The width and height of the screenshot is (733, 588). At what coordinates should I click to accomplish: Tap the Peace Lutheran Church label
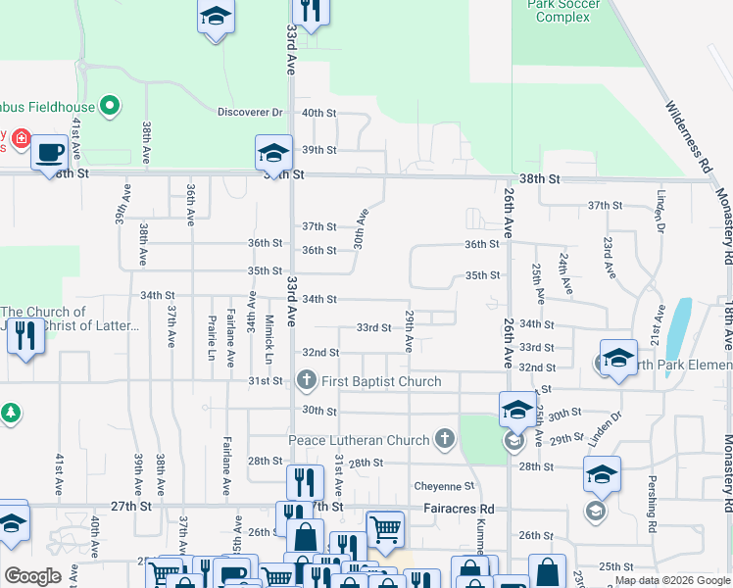point(359,440)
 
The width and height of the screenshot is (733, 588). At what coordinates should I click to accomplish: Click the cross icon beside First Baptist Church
point(306,380)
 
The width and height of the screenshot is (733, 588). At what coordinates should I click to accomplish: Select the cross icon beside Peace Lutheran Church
point(445,438)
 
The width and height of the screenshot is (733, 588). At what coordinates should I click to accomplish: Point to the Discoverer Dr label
point(250,113)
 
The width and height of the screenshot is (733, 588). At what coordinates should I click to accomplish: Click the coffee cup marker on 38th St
point(49,153)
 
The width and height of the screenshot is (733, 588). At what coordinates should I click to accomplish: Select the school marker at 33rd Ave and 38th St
point(274,152)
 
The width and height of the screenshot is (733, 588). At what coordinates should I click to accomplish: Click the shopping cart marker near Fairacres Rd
point(385,529)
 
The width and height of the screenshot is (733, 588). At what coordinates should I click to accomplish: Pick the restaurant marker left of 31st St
point(24,336)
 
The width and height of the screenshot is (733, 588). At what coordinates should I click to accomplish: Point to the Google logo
point(32,576)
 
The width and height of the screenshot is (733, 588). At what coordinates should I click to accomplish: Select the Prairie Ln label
point(211,337)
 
